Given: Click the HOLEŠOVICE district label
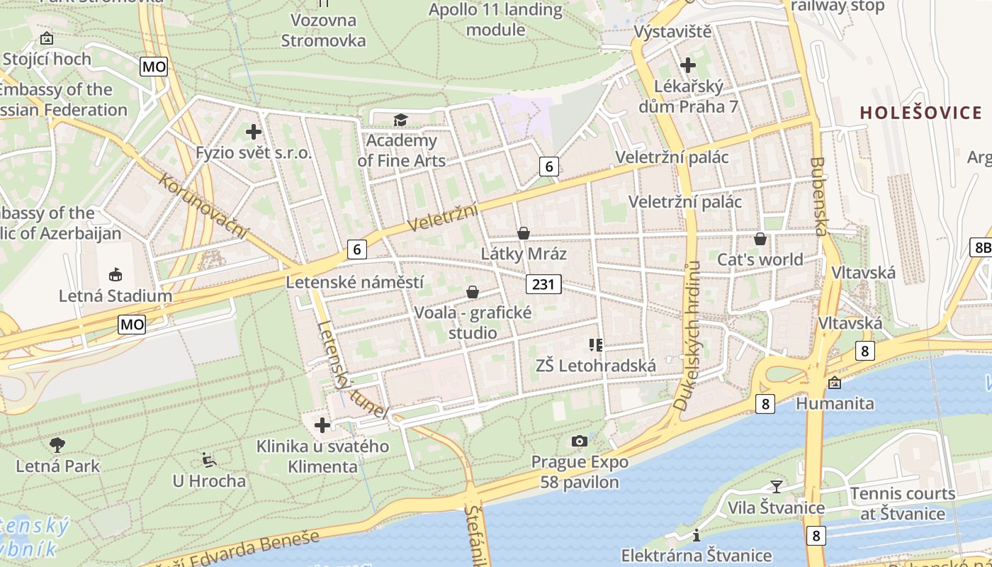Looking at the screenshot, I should (921, 113).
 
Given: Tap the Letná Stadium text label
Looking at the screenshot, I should (115, 296).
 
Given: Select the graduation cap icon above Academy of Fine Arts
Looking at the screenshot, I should (401, 120).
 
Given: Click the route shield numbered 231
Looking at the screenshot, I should (543, 284).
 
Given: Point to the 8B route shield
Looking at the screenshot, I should (981, 247).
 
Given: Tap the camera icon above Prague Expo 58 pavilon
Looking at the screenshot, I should (580, 442).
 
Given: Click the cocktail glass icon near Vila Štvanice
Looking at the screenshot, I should (777, 486).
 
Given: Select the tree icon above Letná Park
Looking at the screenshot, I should (57, 445).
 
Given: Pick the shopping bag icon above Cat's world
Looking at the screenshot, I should (760, 239).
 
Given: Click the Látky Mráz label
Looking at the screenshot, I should (524, 254).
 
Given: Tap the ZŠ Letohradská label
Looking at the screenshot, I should (595, 366).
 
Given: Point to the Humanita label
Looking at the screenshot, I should (835, 403).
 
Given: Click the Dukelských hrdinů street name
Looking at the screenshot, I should (687, 337).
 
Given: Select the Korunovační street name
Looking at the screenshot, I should (205, 206).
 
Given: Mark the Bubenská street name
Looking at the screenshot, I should (818, 196).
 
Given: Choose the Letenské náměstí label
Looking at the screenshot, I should (355, 282).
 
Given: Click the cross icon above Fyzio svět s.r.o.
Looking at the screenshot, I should (254, 132).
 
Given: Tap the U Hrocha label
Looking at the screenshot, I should (209, 481).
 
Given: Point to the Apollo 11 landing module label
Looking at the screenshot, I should (495, 20).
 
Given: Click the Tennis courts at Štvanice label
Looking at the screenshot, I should (902, 503).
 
